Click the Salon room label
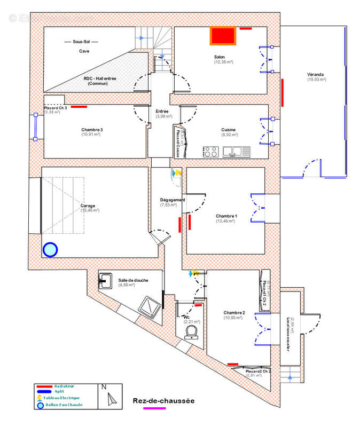click(x=220, y=57)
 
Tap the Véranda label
click(x=316, y=74)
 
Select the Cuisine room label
click(x=229, y=130)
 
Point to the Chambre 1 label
click(x=226, y=216)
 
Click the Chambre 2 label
click(x=234, y=313)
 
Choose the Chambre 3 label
click(x=92, y=130)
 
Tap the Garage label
click(x=88, y=205)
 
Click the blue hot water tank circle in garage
click(x=50, y=249)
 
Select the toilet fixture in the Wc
click(x=191, y=332)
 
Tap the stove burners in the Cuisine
click(x=210, y=152)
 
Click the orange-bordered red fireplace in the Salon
click(x=223, y=36)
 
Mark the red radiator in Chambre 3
click(x=79, y=107)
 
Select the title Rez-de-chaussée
click(x=163, y=401)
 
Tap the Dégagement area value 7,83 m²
click(x=168, y=205)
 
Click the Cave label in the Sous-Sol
click(x=84, y=51)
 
